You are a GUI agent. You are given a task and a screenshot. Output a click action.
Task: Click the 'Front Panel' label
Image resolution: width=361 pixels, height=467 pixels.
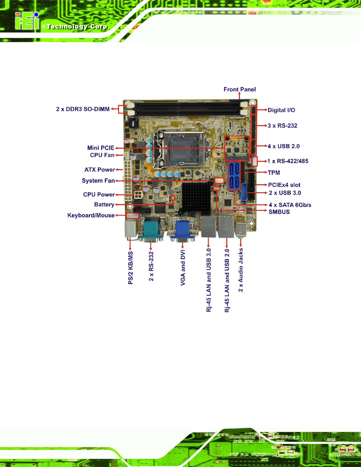click(x=240, y=89)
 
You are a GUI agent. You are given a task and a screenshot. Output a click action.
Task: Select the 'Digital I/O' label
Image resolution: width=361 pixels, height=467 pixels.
click(x=281, y=110)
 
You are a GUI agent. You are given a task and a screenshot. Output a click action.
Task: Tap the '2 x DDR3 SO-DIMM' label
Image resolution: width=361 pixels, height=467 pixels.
click(x=83, y=109)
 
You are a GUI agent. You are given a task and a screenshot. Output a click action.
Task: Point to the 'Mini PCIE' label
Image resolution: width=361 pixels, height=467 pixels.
click(x=101, y=148)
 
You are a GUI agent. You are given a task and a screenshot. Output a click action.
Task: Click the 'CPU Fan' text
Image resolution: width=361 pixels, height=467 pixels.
click(x=102, y=155)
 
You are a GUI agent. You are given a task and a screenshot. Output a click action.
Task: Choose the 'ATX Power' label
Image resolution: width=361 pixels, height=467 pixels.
click(x=100, y=169)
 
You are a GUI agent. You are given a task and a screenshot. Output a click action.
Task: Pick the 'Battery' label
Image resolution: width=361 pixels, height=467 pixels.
click(x=104, y=204)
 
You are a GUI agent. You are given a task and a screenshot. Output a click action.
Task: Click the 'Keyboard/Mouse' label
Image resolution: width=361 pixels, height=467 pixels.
click(x=91, y=215)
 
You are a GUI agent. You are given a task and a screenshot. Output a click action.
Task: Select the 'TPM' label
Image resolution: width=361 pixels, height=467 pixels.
click(x=274, y=172)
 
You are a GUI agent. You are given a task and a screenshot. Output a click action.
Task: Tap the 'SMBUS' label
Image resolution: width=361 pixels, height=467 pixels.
click(x=279, y=212)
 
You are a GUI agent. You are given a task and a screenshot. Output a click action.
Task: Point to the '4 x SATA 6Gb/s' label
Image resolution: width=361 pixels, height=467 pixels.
click(x=290, y=205)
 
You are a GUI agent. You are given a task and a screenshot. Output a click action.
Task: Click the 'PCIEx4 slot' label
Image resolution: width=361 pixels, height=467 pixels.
click(x=284, y=185)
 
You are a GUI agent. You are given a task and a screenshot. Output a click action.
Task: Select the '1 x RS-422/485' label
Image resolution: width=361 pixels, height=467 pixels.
click(x=288, y=161)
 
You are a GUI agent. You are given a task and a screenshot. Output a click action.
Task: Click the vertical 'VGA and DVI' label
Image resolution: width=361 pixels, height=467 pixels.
click(x=183, y=268)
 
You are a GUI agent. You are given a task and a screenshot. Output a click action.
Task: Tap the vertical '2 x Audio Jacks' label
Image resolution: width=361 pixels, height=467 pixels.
click(x=241, y=270)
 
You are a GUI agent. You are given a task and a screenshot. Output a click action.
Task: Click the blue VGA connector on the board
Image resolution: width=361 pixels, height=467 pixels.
click(x=182, y=231)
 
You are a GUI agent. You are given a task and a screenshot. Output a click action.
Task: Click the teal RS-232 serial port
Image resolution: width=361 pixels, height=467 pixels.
click(x=151, y=230)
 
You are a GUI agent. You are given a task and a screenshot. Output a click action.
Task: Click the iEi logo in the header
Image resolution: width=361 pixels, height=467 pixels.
click(x=27, y=21)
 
